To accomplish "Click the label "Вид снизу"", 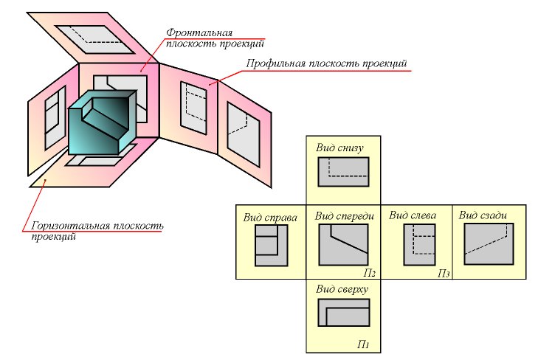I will [340, 147].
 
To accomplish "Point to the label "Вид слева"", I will [413, 216].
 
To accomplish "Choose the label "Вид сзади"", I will [483, 215].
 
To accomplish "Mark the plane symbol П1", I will [364, 344].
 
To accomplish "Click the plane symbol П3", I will [443, 273].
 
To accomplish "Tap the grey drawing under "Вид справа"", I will [270, 245].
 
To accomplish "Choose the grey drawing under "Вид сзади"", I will [488, 243].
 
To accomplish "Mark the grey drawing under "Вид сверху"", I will [343, 312].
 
